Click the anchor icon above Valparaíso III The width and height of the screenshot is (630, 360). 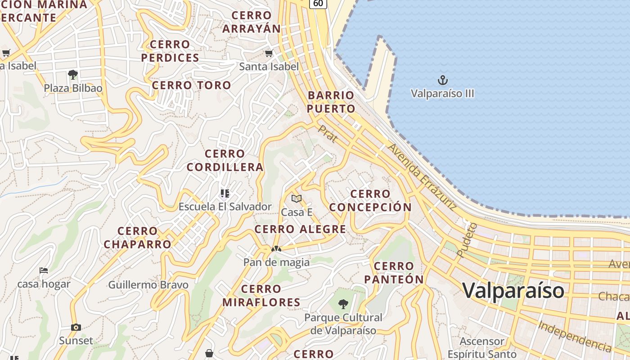tap(443, 81)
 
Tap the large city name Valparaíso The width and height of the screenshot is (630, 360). tap(513, 290)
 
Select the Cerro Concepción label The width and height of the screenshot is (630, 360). tap(370, 201)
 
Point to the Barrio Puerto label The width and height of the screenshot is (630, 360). tap(331, 102)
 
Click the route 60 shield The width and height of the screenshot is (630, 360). tap(318, 3)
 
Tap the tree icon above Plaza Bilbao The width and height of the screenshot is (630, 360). tap(73, 75)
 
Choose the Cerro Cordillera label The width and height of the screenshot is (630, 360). tap(225, 161)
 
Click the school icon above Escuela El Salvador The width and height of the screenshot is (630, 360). tap(225, 194)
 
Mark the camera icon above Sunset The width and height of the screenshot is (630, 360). tap(76, 327)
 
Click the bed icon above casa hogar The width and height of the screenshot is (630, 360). tap(44, 270)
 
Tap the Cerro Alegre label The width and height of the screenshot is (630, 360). tap(300, 229)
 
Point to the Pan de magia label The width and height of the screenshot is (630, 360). tap(276, 262)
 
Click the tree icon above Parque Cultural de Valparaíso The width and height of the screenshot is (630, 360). tap(343, 304)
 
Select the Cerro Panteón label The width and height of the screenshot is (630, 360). tap(394, 273)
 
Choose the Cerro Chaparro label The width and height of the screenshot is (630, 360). tap(138, 238)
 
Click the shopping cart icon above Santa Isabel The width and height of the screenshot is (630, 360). tap(269, 54)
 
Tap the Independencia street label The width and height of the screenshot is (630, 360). tap(575, 336)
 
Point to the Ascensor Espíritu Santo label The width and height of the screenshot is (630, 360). tap(482, 348)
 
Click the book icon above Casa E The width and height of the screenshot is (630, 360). tap(296, 198)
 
